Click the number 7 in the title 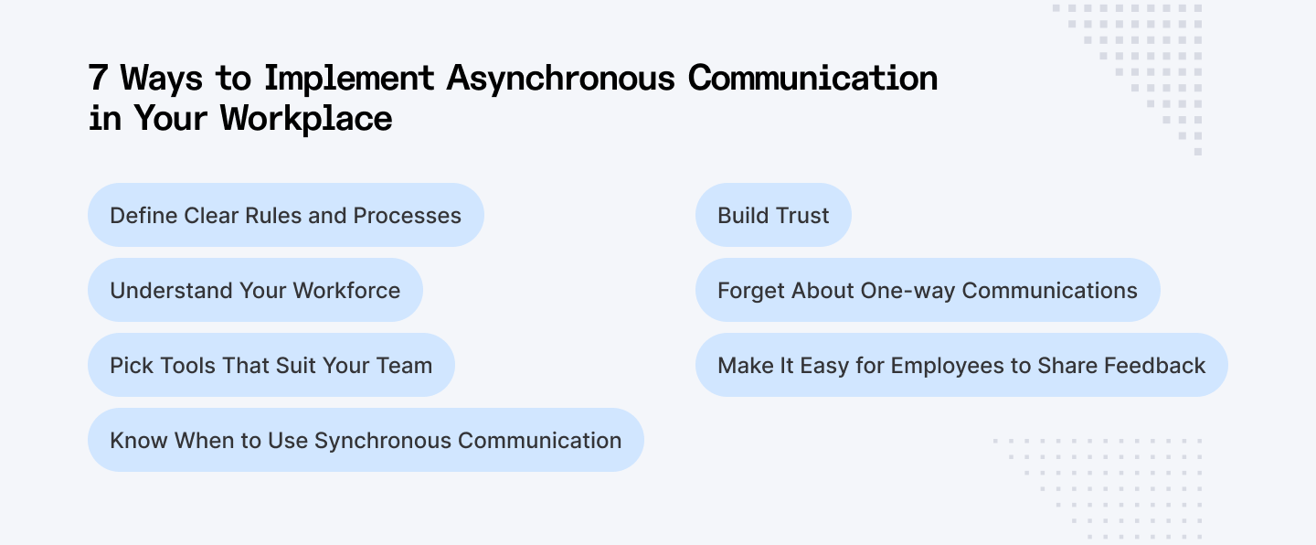(98, 79)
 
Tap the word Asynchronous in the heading (560, 79)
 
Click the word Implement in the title (349, 79)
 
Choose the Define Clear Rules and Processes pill (285, 216)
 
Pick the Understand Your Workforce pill (255, 291)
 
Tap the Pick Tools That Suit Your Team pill (271, 366)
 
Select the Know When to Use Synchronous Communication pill (366, 441)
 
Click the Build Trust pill (773, 216)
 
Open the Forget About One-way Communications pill (928, 291)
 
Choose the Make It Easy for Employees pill (961, 366)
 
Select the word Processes (408, 216)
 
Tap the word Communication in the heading (812, 79)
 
